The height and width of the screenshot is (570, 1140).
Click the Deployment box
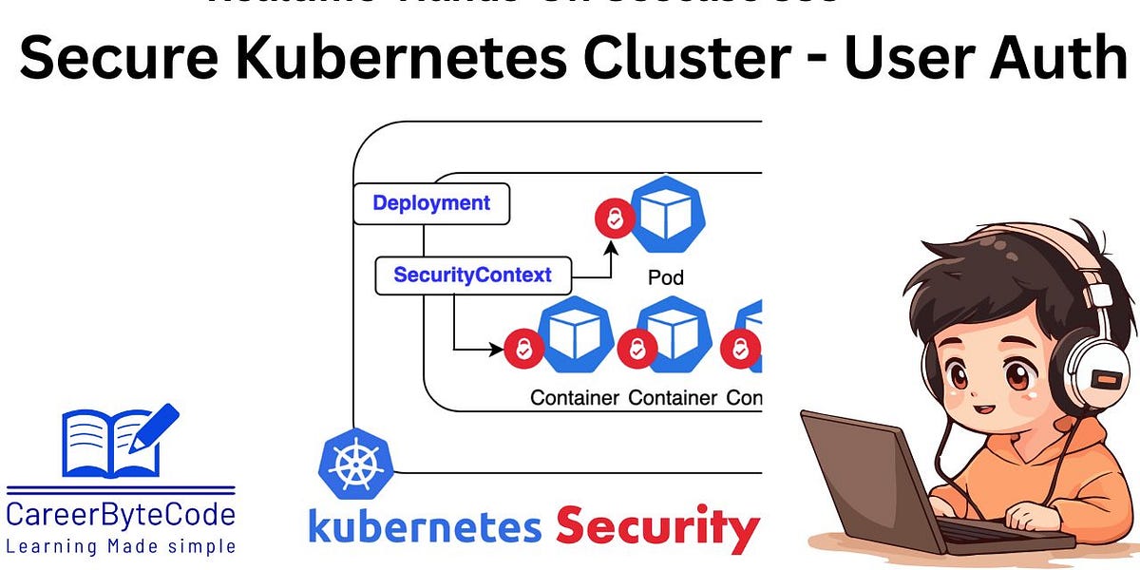coord(431,203)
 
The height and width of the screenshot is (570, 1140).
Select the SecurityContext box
coord(473,275)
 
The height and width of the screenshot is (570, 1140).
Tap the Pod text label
coord(666,278)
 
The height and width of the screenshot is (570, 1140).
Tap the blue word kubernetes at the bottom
coord(425,528)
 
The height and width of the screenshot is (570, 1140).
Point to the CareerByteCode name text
coord(121,517)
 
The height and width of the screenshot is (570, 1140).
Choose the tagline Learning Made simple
coord(121,546)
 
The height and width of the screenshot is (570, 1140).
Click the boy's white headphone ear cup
coord(1103,376)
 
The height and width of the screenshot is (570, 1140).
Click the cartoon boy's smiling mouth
coord(987,409)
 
